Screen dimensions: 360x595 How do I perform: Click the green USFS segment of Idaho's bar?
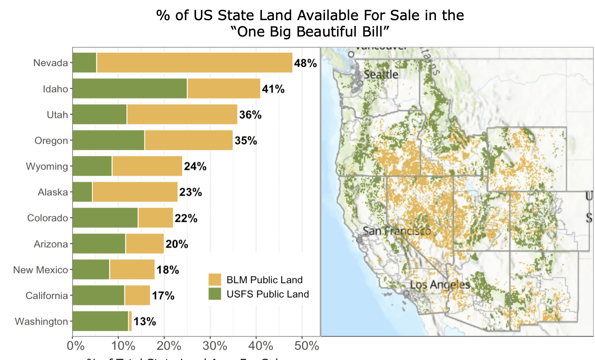pos(130,88)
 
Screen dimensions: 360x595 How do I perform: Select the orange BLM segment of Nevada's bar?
pos(194,63)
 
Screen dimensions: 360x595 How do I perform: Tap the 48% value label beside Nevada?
pos(305,63)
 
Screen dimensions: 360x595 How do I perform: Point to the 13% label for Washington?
pos(145,321)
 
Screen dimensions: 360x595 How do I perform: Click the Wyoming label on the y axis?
pos(47,166)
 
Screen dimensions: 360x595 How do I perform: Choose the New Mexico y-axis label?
pos(41,270)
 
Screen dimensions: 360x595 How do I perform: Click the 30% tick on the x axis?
pos(215,346)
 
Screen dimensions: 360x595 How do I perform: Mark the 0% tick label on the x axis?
pos(75,346)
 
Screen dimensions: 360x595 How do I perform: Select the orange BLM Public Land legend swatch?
pos(214,279)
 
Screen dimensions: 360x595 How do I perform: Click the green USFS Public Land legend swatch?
pos(214,294)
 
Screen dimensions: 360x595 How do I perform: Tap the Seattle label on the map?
pos(381,75)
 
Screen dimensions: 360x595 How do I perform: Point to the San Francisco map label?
pos(397,231)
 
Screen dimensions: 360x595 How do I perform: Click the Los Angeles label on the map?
pos(440,285)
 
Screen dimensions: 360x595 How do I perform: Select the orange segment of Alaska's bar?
pos(135,192)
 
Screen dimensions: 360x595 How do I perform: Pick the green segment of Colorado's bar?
pos(105,218)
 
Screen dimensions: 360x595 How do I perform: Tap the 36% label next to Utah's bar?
pos(250,115)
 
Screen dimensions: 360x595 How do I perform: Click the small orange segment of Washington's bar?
pos(130,321)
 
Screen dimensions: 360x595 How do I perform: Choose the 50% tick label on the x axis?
pos(307,346)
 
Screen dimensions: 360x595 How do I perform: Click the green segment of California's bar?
pos(98,295)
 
